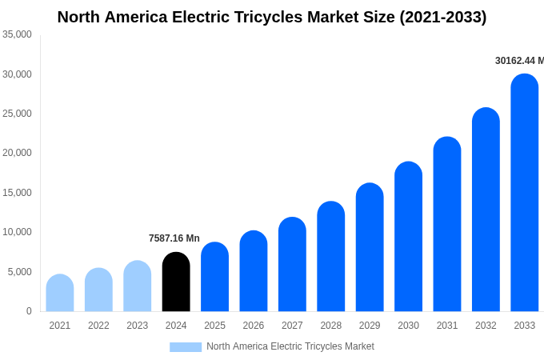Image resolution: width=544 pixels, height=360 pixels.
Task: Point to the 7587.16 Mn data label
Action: tap(174, 238)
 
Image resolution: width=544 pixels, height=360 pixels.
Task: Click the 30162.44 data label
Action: tap(518, 61)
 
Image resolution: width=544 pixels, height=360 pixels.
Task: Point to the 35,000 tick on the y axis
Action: tap(17, 34)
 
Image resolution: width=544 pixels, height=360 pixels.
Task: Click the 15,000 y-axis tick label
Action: tap(17, 193)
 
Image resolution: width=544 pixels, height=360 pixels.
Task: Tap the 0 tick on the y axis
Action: tap(29, 311)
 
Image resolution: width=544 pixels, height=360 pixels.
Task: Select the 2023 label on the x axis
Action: tap(138, 326)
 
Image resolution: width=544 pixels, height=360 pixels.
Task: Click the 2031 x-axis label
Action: tap(447, 326)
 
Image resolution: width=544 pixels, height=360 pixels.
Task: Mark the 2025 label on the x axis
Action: tap(214, 326)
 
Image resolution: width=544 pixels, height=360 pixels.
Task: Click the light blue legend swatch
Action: tap(186, 346)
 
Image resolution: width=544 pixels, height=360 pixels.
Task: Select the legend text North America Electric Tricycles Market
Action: tap(290, 346)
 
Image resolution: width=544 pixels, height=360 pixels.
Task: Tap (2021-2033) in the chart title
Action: tap(442, 17)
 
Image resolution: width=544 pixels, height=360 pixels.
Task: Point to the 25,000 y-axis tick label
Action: tap(17, 114)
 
